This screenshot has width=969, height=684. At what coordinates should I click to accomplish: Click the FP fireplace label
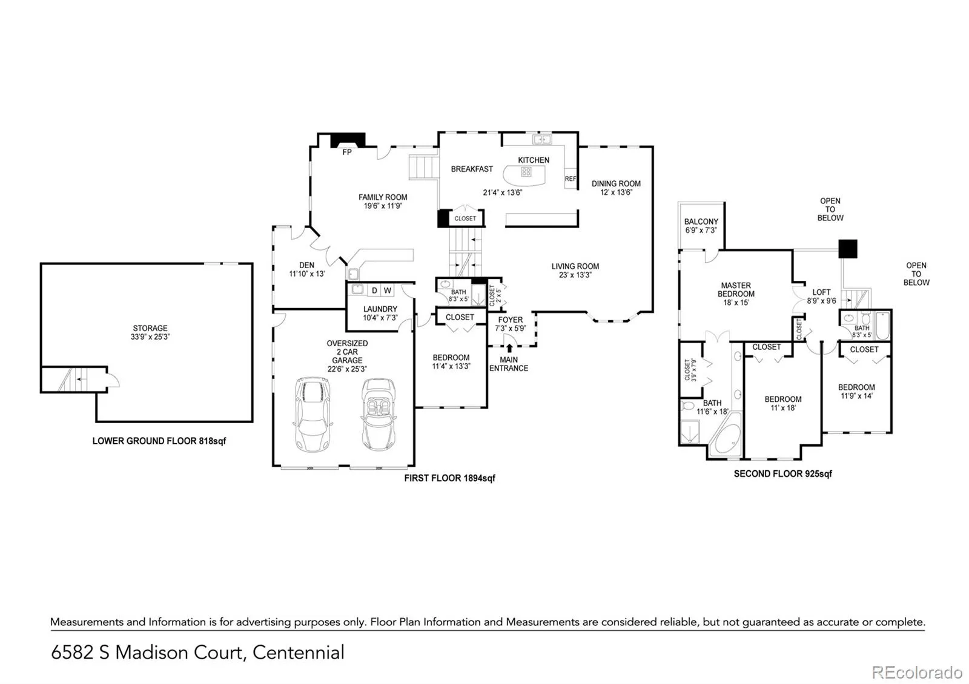coord(347,152)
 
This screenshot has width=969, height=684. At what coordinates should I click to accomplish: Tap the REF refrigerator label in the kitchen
coord(570,179)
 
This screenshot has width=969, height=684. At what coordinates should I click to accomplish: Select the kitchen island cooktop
coord(526,172)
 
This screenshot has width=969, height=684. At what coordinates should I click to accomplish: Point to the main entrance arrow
coord(509,348)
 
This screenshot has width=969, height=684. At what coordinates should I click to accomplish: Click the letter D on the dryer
coord(375,291)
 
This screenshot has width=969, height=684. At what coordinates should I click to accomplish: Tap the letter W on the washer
coord(388,291)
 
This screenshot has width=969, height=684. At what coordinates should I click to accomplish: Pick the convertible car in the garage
coord(379,414)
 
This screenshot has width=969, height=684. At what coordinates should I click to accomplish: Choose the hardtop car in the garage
coord(313,415)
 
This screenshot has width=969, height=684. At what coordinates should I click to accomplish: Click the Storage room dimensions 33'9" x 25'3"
coord(150,337)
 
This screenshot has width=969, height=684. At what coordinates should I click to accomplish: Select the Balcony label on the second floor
coord(701,222)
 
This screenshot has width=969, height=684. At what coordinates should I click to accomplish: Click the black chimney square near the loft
coord(848,249)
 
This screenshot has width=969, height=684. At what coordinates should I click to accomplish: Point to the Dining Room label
coord(616,183)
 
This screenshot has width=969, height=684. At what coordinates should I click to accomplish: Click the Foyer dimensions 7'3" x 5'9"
coord(511,329)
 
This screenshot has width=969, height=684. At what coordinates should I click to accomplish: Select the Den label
coord(306,265)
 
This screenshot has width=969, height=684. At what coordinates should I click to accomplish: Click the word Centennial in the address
coord(299,653)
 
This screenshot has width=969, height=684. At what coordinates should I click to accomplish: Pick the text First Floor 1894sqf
coord(449,478)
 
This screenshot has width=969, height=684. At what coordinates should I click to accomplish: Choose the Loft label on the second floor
coord(821,292)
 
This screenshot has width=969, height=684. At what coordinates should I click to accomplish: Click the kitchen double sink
coord(542,139)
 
